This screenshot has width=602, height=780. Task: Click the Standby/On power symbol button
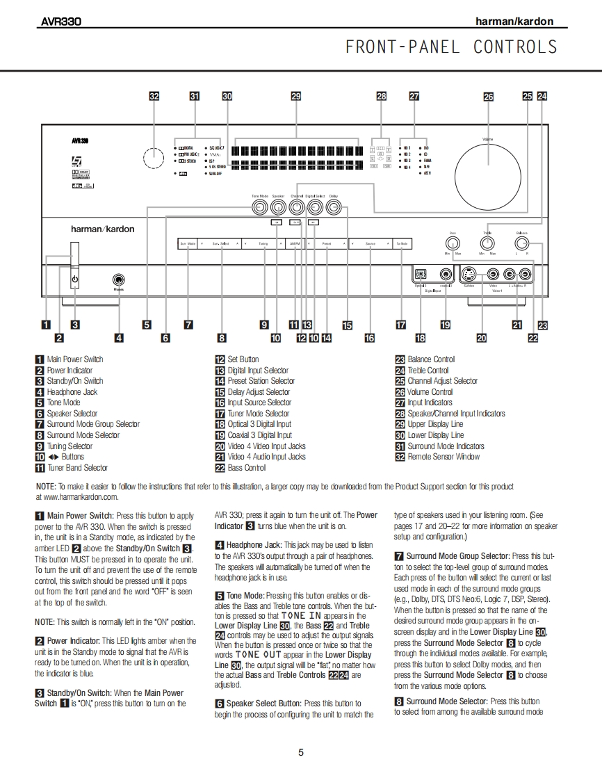(74, 280)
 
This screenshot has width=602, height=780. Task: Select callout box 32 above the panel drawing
(154, 97)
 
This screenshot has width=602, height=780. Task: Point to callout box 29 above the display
(295, 97)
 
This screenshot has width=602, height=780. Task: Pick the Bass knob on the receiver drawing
(453, 243)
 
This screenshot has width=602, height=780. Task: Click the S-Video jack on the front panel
(469, 274)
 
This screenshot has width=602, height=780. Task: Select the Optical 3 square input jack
(420, 274)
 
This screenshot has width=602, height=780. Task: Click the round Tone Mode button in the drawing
(259, 207)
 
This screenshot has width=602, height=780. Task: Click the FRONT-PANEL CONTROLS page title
(451, 47)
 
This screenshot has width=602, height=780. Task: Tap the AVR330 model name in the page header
(60, 22)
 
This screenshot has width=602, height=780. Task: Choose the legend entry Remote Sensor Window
(444, 457)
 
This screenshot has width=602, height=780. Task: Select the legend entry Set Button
(243, 359)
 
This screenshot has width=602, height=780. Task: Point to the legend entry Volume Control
(430, 392)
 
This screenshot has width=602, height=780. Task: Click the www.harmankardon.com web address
(77, 497)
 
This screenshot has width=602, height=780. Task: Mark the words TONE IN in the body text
(300, 615)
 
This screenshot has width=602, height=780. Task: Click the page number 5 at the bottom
(301, 751)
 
